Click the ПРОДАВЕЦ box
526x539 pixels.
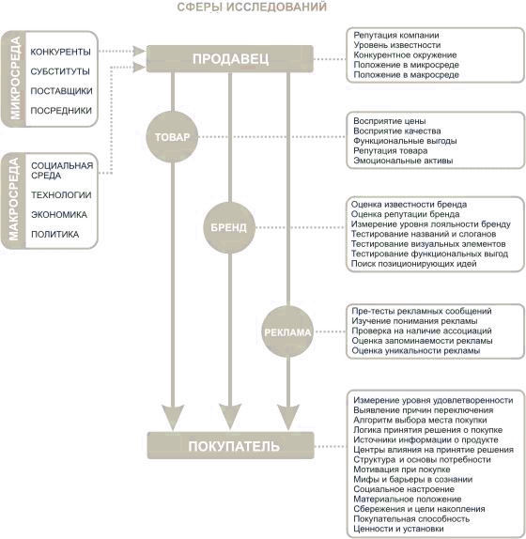coord(230,59)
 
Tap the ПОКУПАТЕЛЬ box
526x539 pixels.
coord(231,445)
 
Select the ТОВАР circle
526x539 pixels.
coord(172,137)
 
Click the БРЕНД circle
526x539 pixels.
coord(229,227)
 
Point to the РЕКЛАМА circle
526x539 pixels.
coord(287,331)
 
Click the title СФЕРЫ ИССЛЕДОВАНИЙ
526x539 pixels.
coord(252,7)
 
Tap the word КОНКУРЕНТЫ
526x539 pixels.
coord(60,52)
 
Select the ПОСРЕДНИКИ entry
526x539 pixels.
coord(61,111)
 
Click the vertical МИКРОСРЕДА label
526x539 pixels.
coord(15,79)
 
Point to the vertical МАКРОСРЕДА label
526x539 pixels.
coord(14,200)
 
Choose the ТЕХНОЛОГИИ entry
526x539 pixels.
coord(61,195)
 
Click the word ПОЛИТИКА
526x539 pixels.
coord(55,235)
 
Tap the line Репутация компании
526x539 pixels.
coord(396,36)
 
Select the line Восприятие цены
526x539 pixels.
coord(390,121)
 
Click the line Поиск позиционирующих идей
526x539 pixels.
coord(413,264)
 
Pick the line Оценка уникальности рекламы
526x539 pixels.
coord(416,351)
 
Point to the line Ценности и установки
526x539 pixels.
coord(398,529)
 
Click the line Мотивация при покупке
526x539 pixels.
coord(402,470)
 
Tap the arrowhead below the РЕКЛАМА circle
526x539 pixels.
coord(288,417)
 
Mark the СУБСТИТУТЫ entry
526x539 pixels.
coord(60,71)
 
